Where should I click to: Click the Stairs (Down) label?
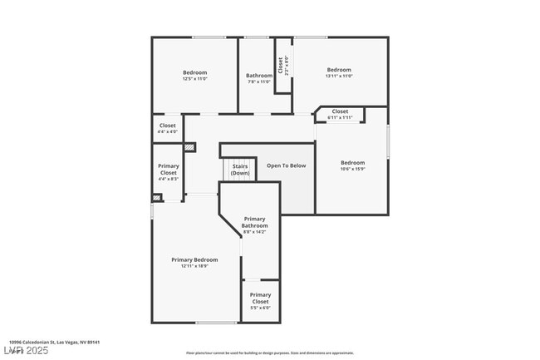click(x=240, y=169)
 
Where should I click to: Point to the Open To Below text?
click(x=286, y=165)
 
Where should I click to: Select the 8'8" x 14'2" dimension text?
click(x=254, y=231)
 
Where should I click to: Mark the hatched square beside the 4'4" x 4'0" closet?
click(x=190, y=148)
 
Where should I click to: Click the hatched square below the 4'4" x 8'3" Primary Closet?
click(x=156, y=198)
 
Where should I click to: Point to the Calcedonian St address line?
click(x=54, y=342)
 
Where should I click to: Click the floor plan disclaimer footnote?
click(x=269, y=353)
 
